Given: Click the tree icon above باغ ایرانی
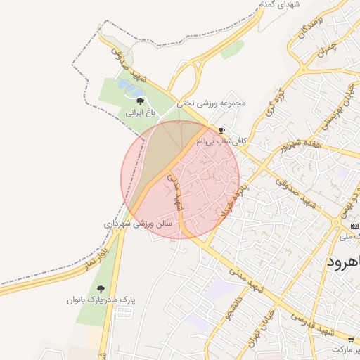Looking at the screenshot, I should [139, 101].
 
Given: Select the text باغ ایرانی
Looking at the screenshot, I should [139, 112].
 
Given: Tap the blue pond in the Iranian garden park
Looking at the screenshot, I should [131, 87].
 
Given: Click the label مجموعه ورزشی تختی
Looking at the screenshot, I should [212, 103].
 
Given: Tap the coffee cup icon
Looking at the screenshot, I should [222, 131].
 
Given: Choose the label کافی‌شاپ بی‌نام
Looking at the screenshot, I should [222, 141].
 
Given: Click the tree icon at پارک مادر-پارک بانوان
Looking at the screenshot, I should [101, 288].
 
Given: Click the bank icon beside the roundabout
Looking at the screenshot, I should [354, 225].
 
